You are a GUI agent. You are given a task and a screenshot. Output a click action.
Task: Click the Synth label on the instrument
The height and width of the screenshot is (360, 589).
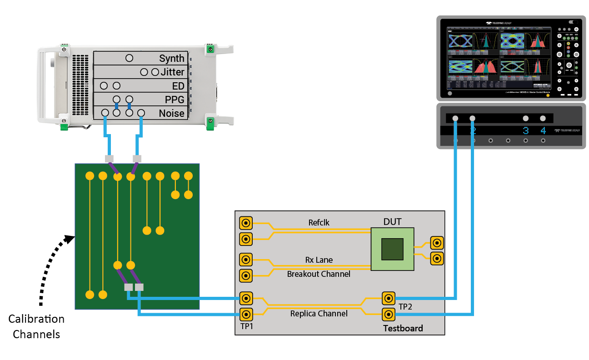point(171,58)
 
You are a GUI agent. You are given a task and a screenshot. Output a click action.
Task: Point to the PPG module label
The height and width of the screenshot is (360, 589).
point(174,99)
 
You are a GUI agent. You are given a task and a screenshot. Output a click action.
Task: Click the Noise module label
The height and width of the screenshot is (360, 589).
point(171,113)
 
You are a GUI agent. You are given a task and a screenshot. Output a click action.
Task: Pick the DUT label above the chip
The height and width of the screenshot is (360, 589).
point(392,222)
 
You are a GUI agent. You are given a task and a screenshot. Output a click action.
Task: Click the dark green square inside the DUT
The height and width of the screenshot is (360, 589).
point(392,250)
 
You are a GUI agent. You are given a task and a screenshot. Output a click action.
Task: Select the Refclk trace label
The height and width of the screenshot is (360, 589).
point(319,223)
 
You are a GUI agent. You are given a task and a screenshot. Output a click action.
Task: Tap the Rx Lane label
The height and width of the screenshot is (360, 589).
point(319,260)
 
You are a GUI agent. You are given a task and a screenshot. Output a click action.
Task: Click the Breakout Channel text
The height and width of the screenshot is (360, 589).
point(319,274)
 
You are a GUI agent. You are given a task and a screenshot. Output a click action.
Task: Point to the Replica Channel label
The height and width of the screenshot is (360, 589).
point(319,313)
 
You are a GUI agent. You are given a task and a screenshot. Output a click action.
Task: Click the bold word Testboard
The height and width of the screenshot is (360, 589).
point(403,328)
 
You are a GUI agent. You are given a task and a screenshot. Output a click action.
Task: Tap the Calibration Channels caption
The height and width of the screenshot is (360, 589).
point(36,326)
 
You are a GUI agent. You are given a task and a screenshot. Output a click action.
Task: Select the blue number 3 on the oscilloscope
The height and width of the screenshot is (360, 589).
point(525,131)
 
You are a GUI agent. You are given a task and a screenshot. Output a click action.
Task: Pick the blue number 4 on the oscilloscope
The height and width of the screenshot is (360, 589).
point(543,131)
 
